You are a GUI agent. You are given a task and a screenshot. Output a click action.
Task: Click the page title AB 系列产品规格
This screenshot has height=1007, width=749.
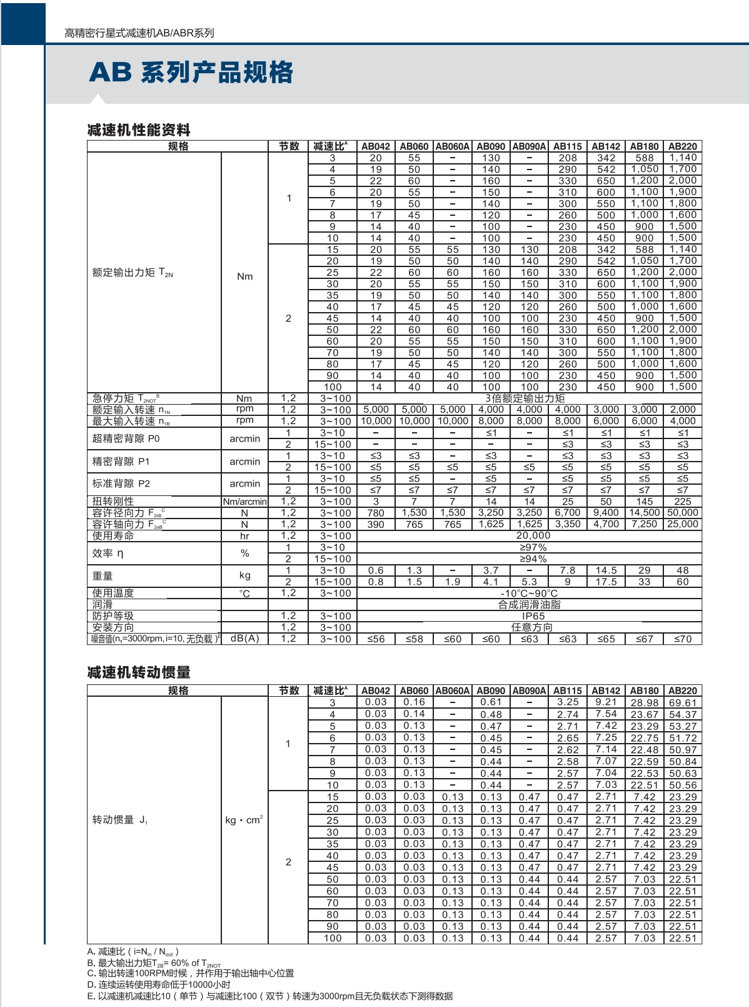coord(191,73)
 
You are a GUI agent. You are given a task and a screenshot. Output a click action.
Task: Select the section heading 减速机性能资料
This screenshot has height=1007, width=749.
coord(139,130)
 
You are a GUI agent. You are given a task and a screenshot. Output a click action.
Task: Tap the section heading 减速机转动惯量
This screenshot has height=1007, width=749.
coord(139,672)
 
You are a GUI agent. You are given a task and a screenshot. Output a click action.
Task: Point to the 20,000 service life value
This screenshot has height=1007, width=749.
coord(533,535)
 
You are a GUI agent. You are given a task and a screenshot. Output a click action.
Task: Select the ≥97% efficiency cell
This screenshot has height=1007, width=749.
coord(533,547)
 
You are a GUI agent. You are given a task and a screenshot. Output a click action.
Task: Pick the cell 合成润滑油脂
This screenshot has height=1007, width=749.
coord(530,605)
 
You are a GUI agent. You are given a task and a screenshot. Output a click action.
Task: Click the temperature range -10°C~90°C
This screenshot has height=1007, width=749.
coord(530,593)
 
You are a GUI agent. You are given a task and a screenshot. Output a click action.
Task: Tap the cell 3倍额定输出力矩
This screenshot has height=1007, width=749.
coord(525,398)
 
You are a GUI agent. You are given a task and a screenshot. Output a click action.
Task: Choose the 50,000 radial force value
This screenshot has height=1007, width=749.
coord(683,513)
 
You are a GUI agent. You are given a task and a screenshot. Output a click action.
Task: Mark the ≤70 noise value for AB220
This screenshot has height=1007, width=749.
coord(683,639)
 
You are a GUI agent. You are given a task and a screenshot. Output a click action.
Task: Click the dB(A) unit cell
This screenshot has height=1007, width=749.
coord(244,639)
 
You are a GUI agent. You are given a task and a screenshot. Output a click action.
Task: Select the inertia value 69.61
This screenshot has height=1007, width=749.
coord(683,702)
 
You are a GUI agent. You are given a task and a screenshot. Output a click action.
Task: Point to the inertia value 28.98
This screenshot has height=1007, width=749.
coord(645,702)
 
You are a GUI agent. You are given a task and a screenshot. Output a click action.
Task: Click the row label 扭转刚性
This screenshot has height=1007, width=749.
coord(113,501)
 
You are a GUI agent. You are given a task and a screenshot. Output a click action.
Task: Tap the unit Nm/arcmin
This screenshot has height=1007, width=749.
coord(244,502)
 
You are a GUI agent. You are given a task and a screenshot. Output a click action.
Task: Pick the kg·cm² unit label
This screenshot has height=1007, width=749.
coord(244,820)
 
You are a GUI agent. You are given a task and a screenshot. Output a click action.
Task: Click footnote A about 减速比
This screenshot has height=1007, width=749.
coord(134,952)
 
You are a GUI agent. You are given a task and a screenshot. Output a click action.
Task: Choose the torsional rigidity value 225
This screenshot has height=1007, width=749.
coord(683,502)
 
